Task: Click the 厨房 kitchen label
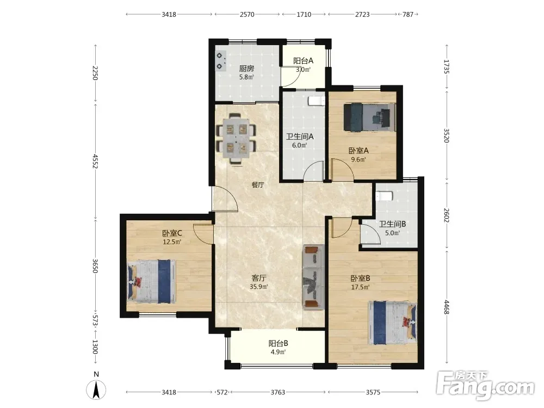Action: point(246,69)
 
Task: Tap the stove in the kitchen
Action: point(220,61)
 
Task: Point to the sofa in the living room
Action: point(314,276)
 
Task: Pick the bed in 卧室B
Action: point(392,323)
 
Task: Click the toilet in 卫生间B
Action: point(384,196)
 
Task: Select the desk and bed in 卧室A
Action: point(369,117)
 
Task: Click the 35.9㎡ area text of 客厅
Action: point(258,287)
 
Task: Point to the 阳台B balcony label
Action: point(278,343)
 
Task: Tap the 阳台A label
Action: point(303,61)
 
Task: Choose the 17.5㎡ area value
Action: point(360,287)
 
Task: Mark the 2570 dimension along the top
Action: point(247,15)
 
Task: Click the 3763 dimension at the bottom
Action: point(278,392)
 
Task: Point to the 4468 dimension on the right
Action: point(447,307)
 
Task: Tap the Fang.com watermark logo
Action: point(486,386)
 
